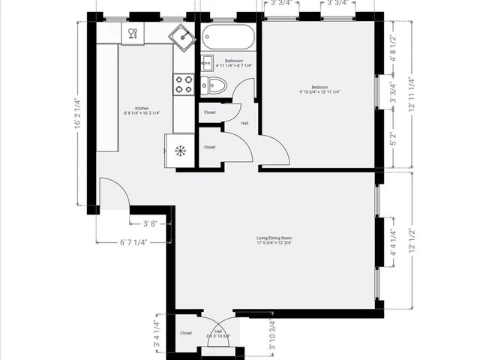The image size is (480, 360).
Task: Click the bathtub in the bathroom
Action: pos(228,37)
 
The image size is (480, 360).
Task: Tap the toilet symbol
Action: pos(215,85)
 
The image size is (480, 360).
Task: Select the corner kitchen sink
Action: pos(181,34)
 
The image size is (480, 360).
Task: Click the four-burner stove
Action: pos(183,84)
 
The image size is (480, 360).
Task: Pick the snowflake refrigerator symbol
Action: pos(180,151)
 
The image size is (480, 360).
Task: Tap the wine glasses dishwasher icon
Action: pos(132,33)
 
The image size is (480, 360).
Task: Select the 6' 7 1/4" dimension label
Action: pos(133,242)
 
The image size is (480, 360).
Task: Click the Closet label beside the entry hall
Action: pos(186,333)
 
